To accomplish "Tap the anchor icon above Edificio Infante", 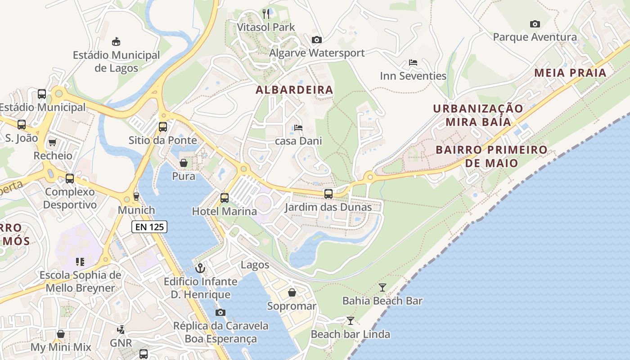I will [x=200, y=269].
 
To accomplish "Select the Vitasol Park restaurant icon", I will [x=266, y=14].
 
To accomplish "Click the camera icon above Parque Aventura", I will [x=535, y=24].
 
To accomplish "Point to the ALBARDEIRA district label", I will [x=294, y=90].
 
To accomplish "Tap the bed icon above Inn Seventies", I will [x=413, y=63].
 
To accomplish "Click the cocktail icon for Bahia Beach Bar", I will [x=382, y=287].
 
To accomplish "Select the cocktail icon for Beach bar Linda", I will [x=350, y=321].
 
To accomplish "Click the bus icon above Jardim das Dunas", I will [x=328, y=194].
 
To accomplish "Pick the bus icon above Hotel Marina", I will [x=224, y=198].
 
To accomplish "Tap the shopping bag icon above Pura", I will [x=184, y=162].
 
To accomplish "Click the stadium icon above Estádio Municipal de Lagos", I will [x=116, y=41].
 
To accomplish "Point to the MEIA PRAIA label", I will [x=570, y=72].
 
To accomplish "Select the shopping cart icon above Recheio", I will [x=53, y=142].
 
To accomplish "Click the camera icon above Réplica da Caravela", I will [x=220, y=312].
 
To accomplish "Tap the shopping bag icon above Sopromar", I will [x=292, y=293].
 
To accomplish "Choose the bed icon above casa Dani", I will [x=298, y=128].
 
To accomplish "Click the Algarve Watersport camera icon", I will [x=317, y=40].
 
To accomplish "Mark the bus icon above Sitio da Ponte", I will [x=163, y=127].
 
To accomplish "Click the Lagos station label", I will [x=255, y=265].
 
